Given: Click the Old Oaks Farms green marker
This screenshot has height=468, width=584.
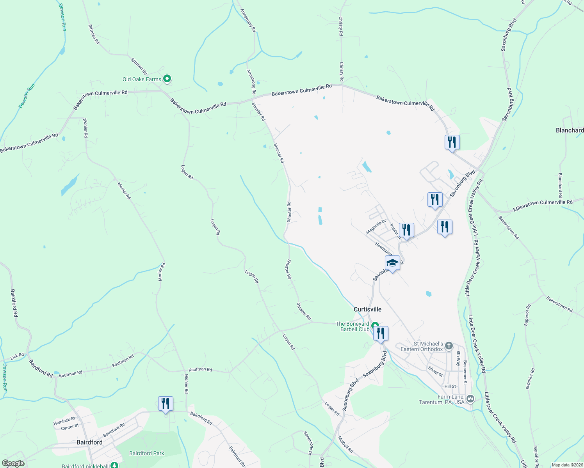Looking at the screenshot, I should (x=167, y=79).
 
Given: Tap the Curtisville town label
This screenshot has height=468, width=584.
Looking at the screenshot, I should (x=367, y=309).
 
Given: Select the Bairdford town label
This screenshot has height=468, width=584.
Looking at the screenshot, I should (x=89, y=442).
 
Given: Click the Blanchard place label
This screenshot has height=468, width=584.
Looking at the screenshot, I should (x=570, y=130).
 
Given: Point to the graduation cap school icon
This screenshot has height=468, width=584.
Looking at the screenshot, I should (x=392, y=263).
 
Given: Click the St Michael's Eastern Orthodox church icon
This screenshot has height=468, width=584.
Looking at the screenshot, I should (x=449, y=346).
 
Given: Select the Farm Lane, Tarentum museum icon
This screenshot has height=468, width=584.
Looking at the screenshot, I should (x=470, y=399).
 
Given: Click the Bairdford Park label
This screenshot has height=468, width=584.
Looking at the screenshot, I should (x=147, y=453).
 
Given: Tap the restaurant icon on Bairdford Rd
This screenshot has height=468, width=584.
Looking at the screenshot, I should (x=166, y=404).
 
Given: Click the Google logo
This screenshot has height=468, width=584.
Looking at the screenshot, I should (x=13, y=463).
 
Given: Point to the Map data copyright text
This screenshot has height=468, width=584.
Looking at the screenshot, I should (x=566, y=465).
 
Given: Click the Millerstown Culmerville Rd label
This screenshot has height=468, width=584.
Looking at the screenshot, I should (x=543, y=206).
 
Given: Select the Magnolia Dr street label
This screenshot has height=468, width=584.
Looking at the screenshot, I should (x=376, y=227).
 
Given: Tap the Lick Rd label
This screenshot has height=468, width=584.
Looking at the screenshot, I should (x=17, y=356).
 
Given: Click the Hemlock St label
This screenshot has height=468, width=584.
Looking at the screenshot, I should (x=64, y=421).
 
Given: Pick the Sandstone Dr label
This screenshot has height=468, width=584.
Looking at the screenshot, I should (x=307, y=443).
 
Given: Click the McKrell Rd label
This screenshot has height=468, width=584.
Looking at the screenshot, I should (x=345, y=444).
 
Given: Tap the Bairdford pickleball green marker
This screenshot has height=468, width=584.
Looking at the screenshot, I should (x=114, y=465).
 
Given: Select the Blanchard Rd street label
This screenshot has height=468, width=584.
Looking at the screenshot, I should (x=560, y=185).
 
